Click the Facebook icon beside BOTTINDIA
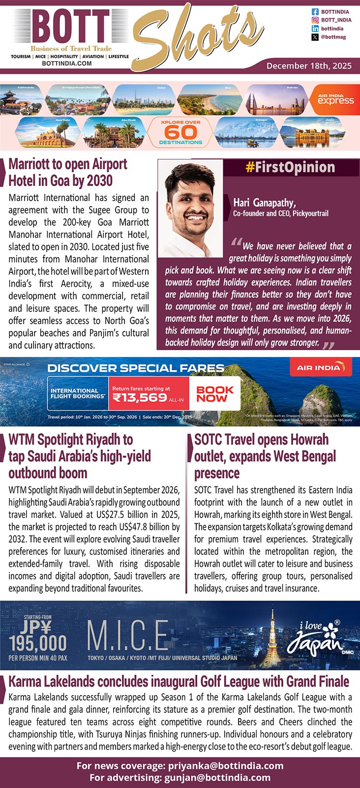(315, 11)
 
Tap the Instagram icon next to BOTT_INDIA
(315, 20)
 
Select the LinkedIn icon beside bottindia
(315, 29)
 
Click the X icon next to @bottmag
(315, 37)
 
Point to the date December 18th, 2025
(309, 65)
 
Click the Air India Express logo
(335, 100)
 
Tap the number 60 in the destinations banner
(180, 132)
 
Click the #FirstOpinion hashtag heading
(290, 167)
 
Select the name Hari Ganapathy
(264, 202)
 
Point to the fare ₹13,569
(140, 398)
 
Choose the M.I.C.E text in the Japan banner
(128, 636)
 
